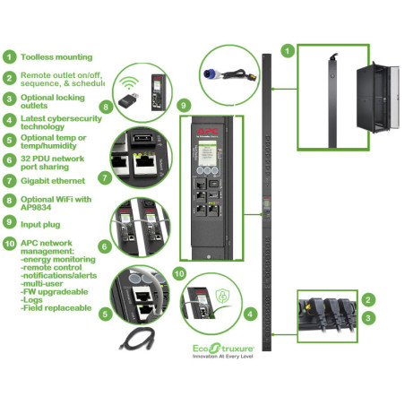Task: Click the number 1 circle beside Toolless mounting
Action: pos(9,55)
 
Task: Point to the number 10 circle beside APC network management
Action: pos(9,244)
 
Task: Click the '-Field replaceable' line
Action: pos(54,307)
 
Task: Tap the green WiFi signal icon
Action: pos(130,86)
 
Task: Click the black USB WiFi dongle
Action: pos(131,101)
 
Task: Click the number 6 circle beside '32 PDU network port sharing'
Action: pos(9,159)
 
